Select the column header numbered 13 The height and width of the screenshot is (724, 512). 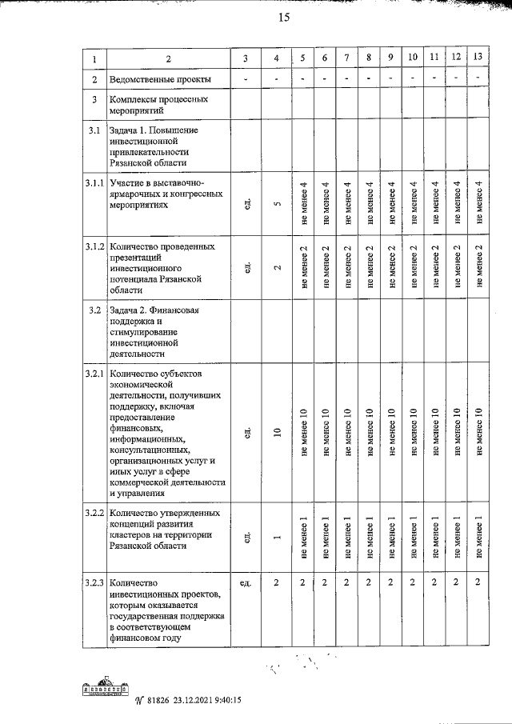(478, 58)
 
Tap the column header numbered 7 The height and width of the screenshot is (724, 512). (346, 58)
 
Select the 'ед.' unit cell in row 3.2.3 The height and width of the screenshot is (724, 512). (246, 582)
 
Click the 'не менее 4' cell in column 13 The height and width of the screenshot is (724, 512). (478, 204)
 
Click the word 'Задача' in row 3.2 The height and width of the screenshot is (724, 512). (126, 310)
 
